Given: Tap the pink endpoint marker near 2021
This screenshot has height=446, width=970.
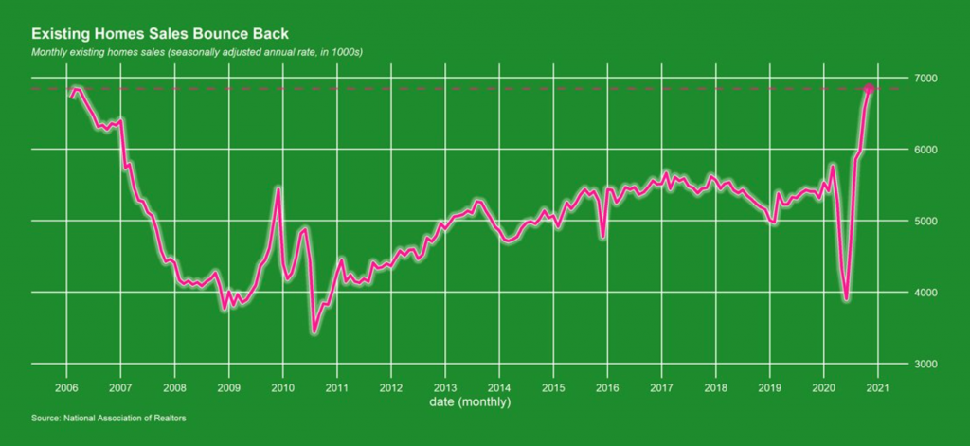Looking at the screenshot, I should coord(870,90).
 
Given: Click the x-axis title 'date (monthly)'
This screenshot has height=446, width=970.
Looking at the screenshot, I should coord(472,402).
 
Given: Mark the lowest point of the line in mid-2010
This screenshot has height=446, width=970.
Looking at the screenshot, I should coord(314,331).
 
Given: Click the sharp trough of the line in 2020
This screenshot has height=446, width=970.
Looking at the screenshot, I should coord(846,299).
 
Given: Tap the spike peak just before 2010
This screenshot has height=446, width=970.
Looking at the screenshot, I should coord(278,188).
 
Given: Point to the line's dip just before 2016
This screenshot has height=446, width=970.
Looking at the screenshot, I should coord(603,238).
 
